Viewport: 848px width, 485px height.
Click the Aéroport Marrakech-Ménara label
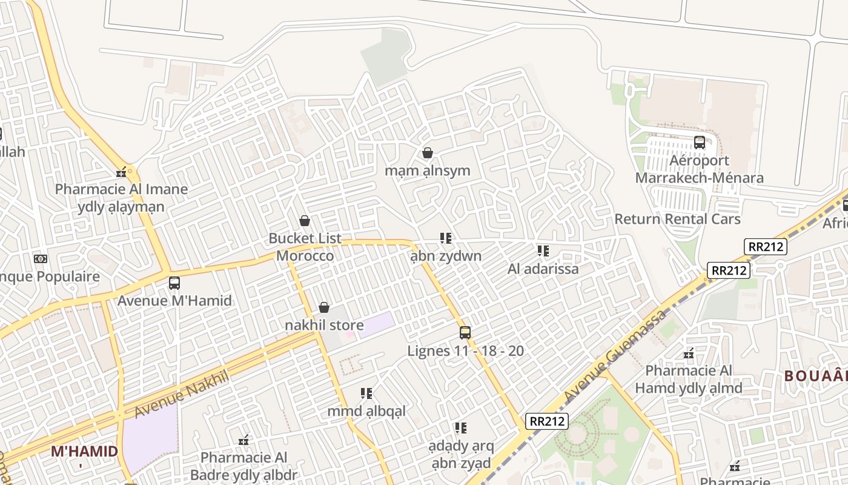point(699,169)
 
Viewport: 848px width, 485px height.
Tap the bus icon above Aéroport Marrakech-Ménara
point(700,142)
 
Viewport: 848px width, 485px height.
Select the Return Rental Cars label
point(677,219)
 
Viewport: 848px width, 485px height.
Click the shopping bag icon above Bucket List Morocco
point(305,221)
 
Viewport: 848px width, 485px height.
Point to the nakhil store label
point(324,325)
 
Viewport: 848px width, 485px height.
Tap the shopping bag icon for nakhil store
point(324,307)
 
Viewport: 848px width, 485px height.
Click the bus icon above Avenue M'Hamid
point(174,283)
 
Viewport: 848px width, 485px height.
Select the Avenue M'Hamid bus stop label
point(174,300)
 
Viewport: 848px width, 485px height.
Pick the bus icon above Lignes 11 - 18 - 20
point(465,332)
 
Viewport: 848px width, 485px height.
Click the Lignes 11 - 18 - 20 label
point(465,350)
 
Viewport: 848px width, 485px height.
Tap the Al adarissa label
point(543,268)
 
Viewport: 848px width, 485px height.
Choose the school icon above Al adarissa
point(543,250)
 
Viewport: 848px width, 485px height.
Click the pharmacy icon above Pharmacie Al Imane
point(122,172)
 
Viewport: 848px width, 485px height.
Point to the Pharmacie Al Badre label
point(244,466)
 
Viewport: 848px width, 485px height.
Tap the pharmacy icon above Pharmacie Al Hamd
point(689,353)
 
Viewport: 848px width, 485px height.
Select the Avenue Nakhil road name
point(181,394)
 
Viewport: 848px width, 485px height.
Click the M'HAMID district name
point(84,451)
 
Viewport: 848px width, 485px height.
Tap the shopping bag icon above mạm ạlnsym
point(428,153)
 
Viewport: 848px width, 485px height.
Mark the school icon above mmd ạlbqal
point(366,393)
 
